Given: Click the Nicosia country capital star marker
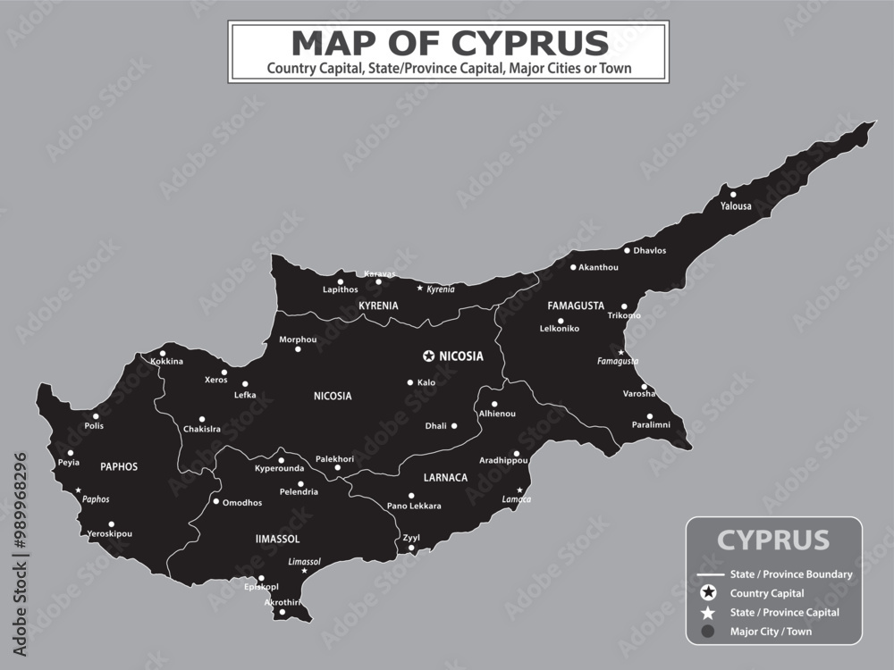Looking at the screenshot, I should (x=429, y=356).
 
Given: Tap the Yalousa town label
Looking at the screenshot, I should (x=736, y=206).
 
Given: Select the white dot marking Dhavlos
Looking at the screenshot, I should (x=627, y=250).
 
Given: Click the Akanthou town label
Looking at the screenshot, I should (x=598, y=267).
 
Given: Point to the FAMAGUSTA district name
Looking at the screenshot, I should (x=576, y=306).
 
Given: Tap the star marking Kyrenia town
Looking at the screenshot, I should (x=420, y=289).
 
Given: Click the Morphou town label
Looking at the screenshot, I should (x=298, y=339).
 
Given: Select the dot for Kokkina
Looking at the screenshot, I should (x=162, y=353).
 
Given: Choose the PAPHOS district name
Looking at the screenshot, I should (x=119, y=466).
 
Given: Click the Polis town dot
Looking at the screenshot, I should (x=97, y=415).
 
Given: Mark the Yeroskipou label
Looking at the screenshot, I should (x=109, y=534).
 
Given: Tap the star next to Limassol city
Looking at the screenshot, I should (x=304, y=571).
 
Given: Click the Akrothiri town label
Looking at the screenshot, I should (x=282, y=602).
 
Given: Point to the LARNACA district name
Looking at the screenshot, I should (x=445, y=478).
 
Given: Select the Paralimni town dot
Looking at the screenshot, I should (x=650, y=415).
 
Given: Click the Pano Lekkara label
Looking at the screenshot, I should (x=414, y=507).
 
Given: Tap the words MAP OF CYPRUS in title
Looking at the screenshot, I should (x=450, y=42).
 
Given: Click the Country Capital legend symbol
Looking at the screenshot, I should (x=708, y=592).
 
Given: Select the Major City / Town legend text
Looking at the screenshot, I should (x=771, y=632).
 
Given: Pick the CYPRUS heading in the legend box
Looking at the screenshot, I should (x=773, y=540).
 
